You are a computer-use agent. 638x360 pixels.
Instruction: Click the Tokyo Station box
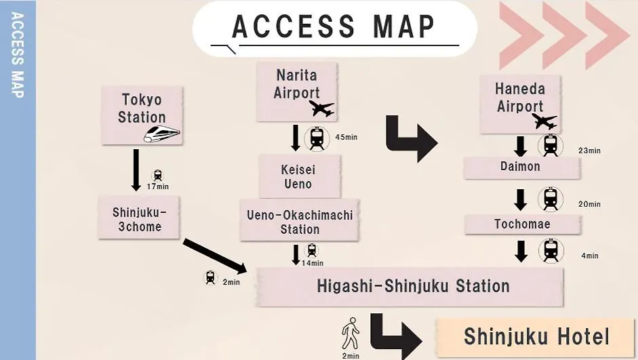(x=142, y=115)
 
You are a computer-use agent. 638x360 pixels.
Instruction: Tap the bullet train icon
(x=161, y=134)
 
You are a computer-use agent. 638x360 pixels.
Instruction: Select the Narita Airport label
(x=296, y=84)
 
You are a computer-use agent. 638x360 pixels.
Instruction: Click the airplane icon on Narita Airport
(x=321, y=108)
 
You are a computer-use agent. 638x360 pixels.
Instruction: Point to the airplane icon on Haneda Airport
(x=544, y=121)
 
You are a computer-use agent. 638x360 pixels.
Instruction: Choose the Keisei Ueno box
(x=300, y=176)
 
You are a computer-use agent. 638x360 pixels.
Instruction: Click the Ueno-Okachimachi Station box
(x=300, y=220)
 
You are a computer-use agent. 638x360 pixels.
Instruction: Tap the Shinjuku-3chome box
(x=139, y=218)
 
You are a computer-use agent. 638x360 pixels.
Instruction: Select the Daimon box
(x=521, y=167)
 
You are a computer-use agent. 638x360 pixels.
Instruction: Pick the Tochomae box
(x=523, y=224)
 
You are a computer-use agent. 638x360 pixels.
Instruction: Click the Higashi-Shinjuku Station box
(x=410, y=287)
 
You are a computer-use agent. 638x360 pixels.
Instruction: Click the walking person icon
(x=351, y=334)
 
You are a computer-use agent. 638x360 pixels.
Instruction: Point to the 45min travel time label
(x=346, y=137)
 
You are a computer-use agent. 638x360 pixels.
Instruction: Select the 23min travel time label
(x=590, y=151)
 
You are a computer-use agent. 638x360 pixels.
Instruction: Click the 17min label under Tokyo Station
(x=158, y=186)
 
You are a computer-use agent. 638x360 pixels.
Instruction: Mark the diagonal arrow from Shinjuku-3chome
(x=215, y=256)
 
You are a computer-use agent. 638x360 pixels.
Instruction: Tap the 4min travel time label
(x=590, y=256)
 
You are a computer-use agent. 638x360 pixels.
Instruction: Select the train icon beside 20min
(x=551, y=199)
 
